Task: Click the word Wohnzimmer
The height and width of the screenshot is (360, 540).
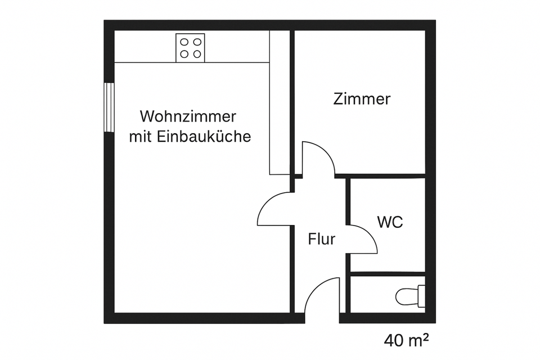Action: (x=187, y=117)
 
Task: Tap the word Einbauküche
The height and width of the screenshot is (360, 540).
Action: (x=205, y=137)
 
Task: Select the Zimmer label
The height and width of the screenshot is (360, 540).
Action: (x=362, y=99)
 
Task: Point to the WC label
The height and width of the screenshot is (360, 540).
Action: (x=390, y=222)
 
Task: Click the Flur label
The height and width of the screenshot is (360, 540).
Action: (x=322, y=240)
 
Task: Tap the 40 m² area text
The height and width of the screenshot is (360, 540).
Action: (x=407, y=340)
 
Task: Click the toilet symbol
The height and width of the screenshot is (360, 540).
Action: (x=409, y=295)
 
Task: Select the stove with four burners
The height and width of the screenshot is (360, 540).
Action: (x=190, y=47)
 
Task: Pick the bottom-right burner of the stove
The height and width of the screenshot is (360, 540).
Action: (x=197, y=54)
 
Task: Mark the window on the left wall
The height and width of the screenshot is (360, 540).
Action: (x=109, y=107)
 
